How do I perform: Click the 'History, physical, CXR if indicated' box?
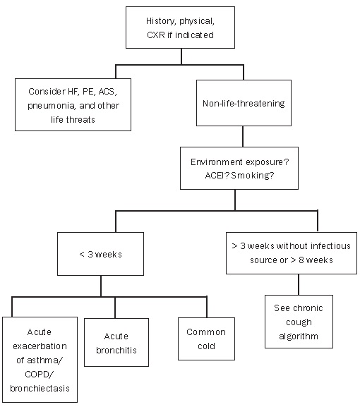(x=180, y=28)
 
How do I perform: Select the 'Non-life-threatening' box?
(x=244, y=103)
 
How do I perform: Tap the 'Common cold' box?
(x=206, y=339)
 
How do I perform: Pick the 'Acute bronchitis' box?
(x=116, y=342)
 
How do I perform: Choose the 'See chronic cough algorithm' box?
(x=299, y=322)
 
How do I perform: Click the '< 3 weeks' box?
(x=100, y=254)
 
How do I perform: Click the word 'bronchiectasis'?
(x=40, y=389)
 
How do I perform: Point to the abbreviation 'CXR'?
(x=156, y=35)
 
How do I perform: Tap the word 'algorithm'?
(x=299, y=336)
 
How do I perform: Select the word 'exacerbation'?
(x=40, y=346)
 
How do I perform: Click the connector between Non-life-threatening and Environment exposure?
(x=243, y=137)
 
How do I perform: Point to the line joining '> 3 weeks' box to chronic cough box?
(x=299, y=284)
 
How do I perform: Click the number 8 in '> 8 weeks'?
(x=301, y=260)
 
